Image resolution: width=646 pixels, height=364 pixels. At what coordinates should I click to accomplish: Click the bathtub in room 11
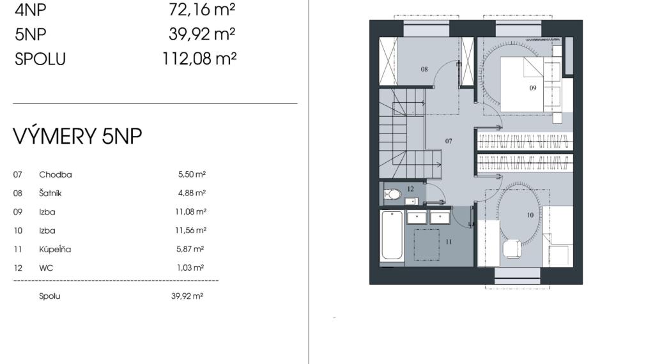[x=392, y=236]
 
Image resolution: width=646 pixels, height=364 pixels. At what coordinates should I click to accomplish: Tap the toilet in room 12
[x=393, y=194]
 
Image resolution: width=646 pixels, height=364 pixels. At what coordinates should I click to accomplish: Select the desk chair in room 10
[x=512, y=248]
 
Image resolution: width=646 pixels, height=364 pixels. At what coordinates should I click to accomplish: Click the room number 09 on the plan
[x=532, y=88]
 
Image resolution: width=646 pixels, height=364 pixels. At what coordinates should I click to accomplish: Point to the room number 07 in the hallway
[x=449, y=140]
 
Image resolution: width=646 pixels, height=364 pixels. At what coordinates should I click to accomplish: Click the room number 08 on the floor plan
[x=424, y=69]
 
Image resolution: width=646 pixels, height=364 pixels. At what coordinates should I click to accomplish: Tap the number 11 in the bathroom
[x=449, y=241]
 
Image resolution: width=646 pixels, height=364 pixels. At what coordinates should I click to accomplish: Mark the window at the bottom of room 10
[x=518, y=276]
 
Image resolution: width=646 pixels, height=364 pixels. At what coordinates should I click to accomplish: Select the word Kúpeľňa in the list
[x=55, y=249]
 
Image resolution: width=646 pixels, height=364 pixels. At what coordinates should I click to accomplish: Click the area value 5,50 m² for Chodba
[x=192, y=174]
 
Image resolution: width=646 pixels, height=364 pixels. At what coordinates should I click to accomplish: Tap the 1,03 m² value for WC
[x=190, y=268]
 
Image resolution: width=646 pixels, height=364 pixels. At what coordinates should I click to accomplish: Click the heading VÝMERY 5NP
[x=77, y=136]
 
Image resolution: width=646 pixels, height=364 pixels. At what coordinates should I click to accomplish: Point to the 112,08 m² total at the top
[x=199, y=59]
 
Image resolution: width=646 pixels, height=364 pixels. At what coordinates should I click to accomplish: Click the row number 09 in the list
[x=17, y=211]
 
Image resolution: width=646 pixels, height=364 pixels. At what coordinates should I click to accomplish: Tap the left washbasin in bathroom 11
[x=417, y=217]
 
